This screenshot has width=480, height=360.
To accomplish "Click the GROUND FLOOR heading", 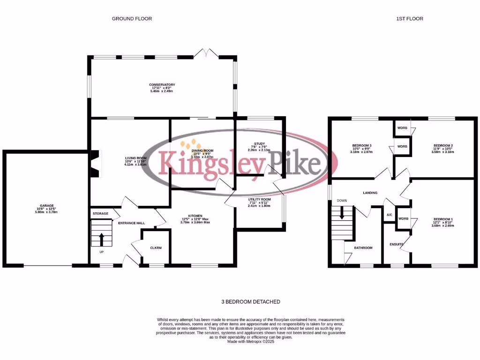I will click(132, 19).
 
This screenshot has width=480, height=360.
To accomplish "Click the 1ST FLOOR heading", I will click(410, 19).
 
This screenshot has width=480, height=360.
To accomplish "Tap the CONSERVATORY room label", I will click(162, 85).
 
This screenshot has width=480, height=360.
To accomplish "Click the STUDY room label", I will click(260, 144).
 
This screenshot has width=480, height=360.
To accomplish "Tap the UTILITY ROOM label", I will click(260, 199).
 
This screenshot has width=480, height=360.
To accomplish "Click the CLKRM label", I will click(156, 247).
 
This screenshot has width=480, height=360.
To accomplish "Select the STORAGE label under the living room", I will click(100, 214).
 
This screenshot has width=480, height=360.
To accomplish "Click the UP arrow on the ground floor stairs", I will click(101, 239).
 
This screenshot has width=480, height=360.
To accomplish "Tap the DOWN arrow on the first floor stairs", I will click(342, 213).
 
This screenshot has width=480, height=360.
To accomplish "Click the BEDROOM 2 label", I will click(442, 146).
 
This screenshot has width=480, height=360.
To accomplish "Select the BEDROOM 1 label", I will click(443, 219).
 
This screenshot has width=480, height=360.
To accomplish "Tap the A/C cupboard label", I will click(389, 215).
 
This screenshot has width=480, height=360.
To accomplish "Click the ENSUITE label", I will click(397, 244).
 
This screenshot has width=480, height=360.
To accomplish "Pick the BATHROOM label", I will click(363, 247).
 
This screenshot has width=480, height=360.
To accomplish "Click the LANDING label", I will click(371, 193).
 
